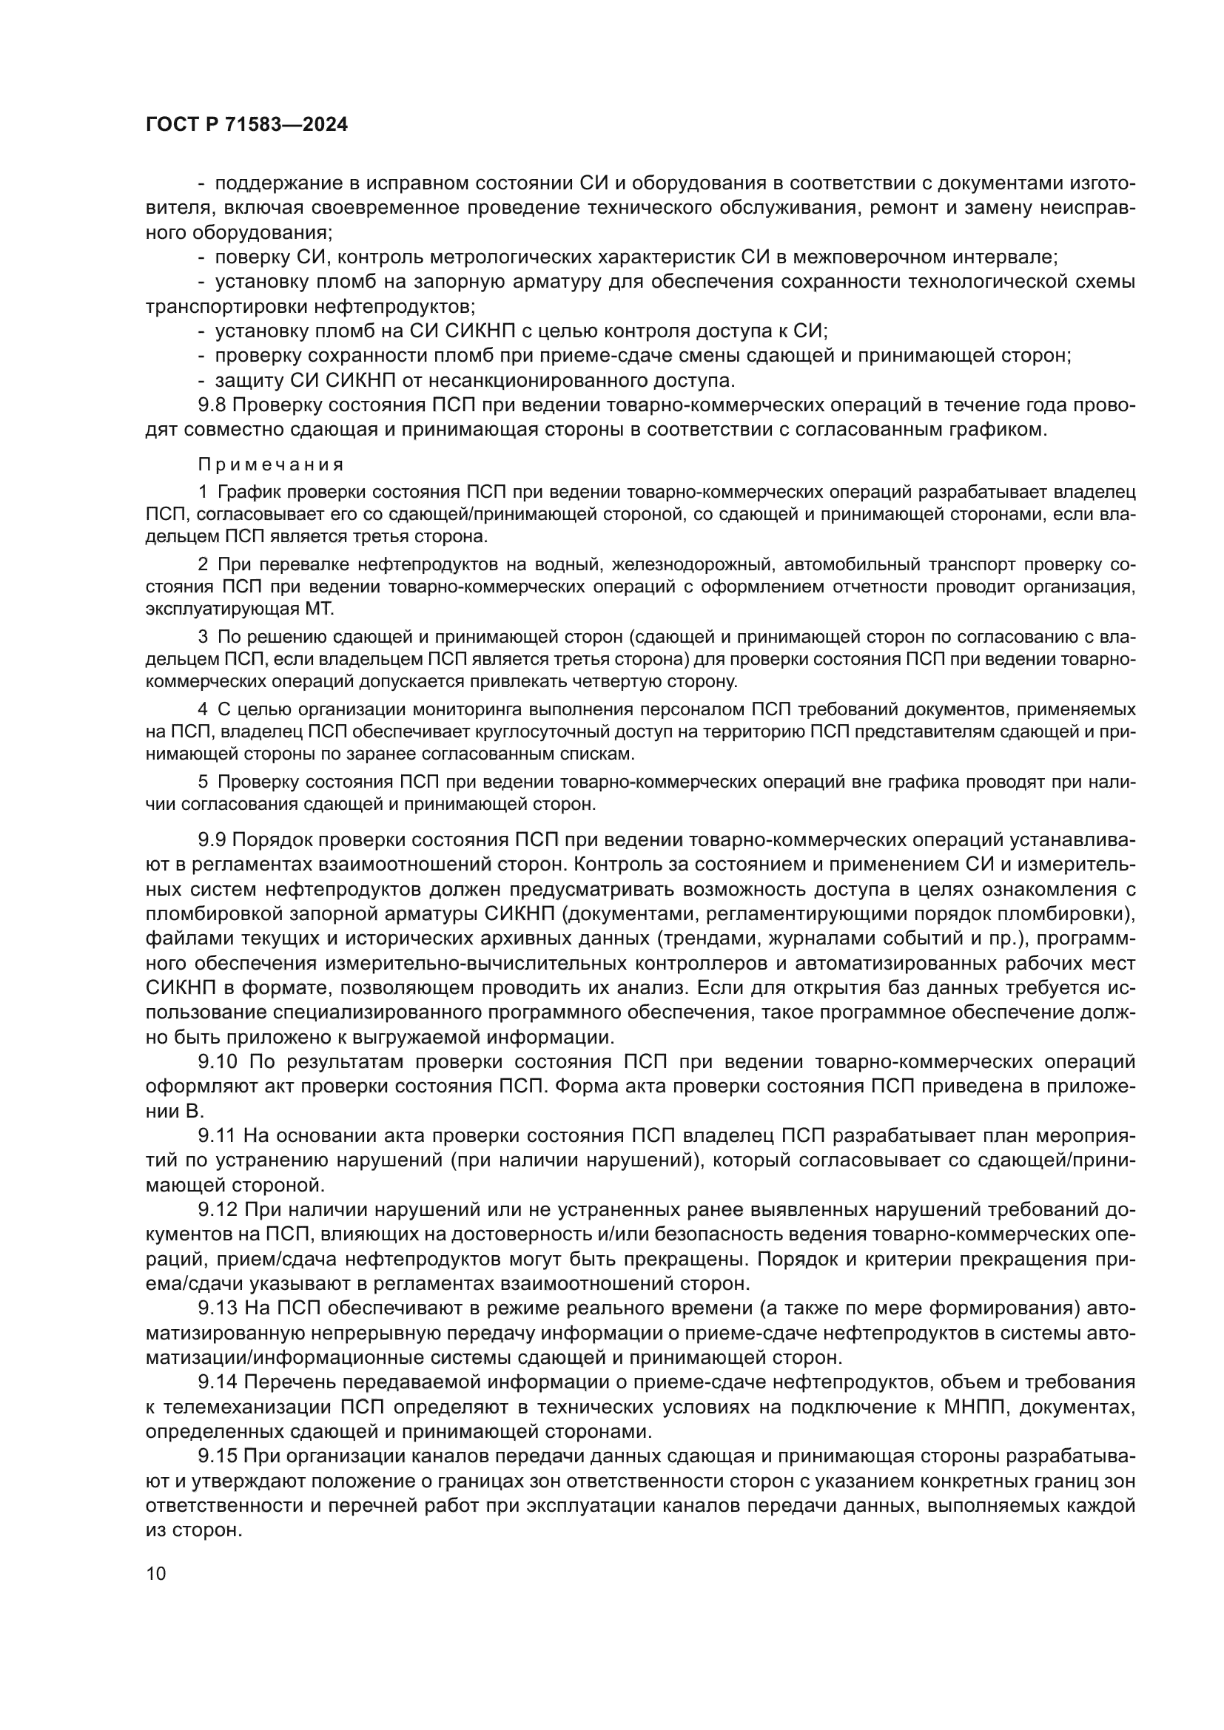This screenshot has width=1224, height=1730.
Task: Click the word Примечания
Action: (272, 464)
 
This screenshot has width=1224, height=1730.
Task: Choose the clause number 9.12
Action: (218, 1210)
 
